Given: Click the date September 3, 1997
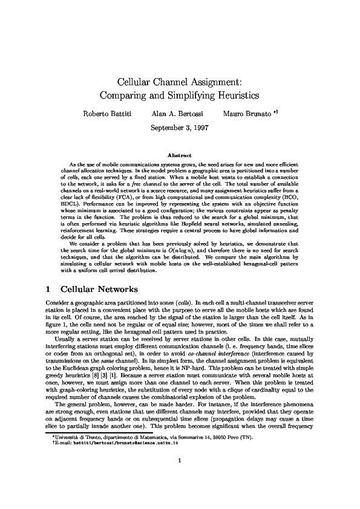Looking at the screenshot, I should (180, 128).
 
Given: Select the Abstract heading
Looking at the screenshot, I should (180, 155).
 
